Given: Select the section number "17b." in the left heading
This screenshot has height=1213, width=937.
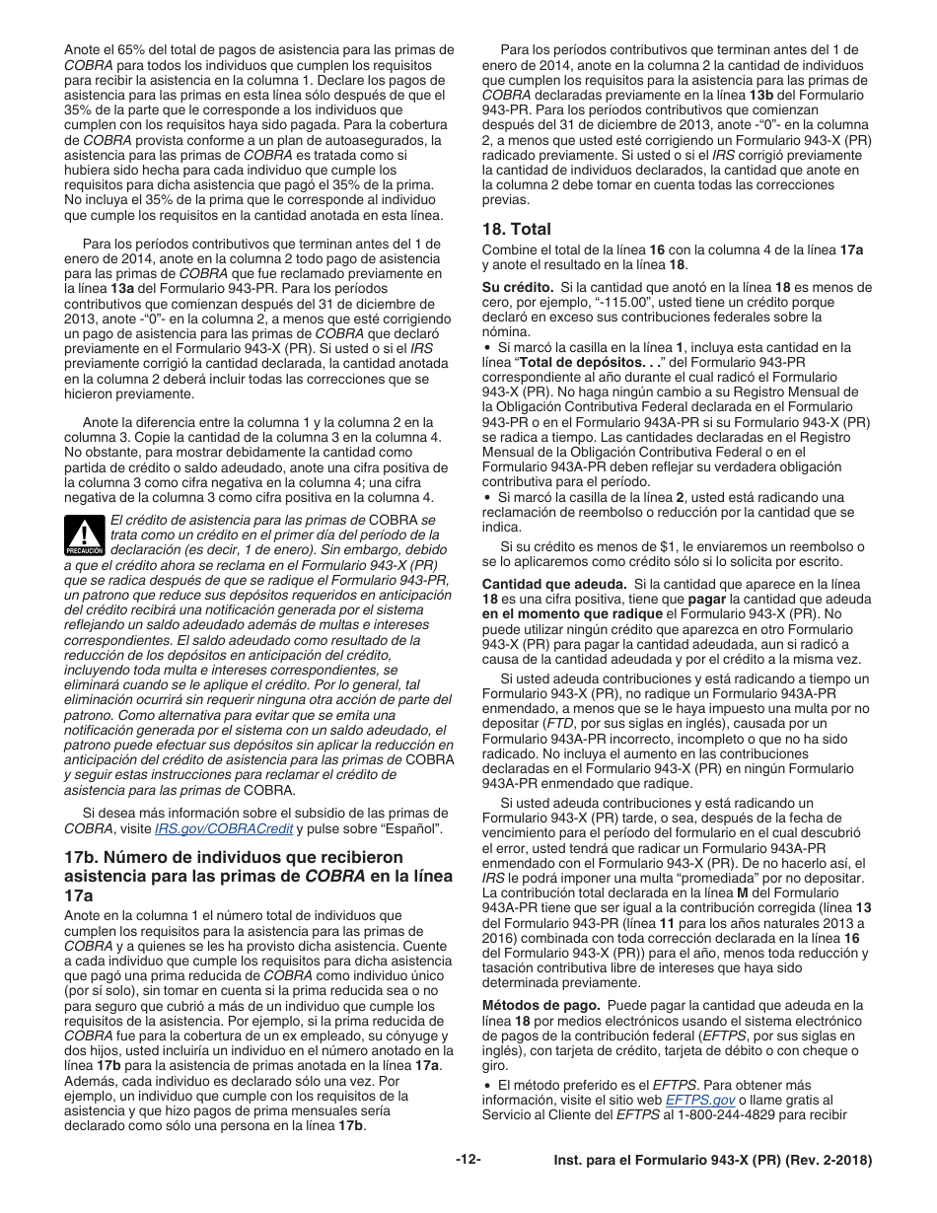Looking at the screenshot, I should tap(86, 857).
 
